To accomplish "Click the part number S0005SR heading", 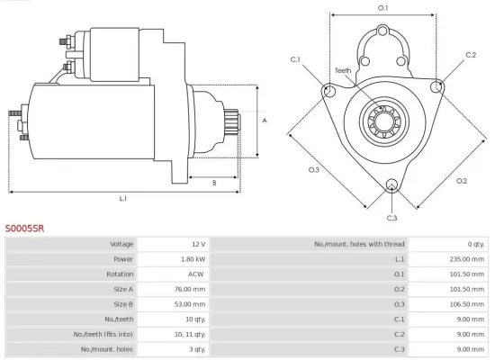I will (x=24, y=229).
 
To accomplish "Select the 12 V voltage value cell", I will (x=198, y=244).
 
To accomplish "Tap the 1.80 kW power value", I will (x=193, y=258).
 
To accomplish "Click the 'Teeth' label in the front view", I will (x=343, y=70).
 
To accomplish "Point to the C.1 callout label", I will (x=296, y=59).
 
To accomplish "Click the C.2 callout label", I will (x=471, y=55).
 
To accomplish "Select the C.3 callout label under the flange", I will (x=391, y=218).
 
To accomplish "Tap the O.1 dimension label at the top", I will (x=382, y=8).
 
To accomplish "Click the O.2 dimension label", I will (x=463, y=180).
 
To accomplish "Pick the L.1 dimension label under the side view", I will (x=122, y=197).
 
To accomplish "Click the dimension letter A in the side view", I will (x=265, y=119).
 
